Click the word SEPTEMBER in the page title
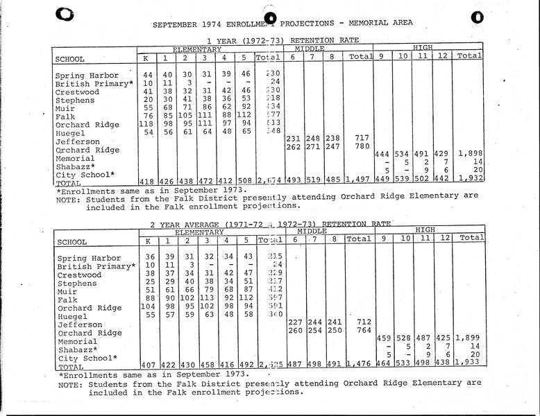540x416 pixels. point(174,24)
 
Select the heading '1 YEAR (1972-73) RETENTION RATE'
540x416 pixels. point(271,41)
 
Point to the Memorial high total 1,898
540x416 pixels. point(470,153)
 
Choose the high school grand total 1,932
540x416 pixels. point(470,178)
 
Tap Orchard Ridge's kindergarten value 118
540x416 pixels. point(147,124)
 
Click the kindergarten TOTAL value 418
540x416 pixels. point(147,180)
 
